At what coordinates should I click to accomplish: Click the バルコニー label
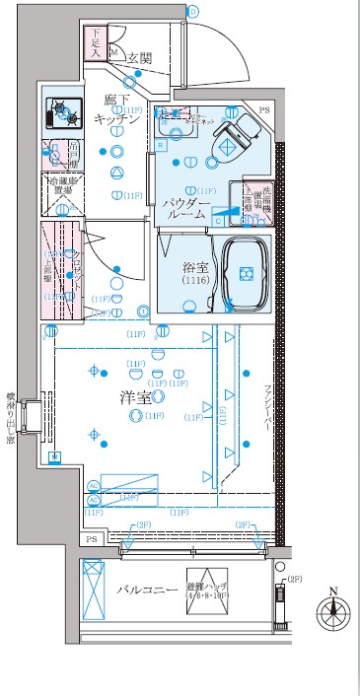[144, 590]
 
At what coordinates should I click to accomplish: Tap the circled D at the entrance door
[194, 11]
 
